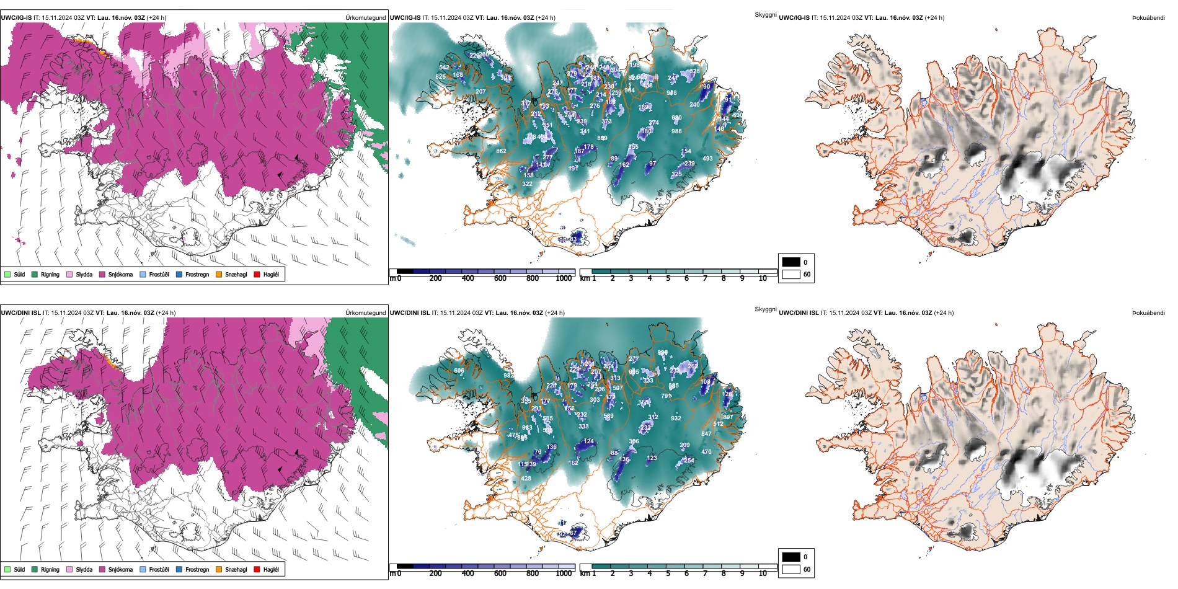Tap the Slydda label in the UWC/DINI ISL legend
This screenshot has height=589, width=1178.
click(x=84, y=569)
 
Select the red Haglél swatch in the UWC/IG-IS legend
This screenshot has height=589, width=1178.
click(x=257, y=274)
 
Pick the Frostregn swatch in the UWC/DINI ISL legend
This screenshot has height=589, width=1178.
click(x=180, y=569)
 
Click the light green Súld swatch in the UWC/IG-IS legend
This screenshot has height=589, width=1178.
click(x=7, y=274)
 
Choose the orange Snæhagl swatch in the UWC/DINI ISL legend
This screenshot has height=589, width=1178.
click(x=219, y=569)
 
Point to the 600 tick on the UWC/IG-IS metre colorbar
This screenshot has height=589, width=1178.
click(x=500, y=278)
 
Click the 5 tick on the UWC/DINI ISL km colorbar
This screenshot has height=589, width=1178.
click(x=668, y=573)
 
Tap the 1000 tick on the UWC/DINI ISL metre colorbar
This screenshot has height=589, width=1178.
click(x=564, y=573)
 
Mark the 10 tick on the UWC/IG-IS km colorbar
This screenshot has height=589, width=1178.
click(x=763, y=278)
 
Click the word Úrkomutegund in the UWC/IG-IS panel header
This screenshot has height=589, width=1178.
click(x=365, y=18)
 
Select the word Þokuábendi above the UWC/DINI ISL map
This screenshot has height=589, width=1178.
click(x=1148, y=313)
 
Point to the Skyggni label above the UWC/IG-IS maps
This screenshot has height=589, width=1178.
click(x=765, y=15)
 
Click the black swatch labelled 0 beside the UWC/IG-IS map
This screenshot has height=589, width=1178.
click(x=791, y=262)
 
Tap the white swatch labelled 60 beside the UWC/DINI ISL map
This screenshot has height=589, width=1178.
click(x=791, y=569)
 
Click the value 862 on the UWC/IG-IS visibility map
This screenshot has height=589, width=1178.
click(x=501, y=151)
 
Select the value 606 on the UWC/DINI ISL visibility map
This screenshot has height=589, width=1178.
click(x=459, y=371)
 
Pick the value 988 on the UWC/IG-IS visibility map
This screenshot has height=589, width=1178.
click(x=676, y=131)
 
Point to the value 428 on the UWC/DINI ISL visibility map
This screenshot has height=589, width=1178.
click(x=526, y=479)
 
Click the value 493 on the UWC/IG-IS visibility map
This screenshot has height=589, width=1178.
click(x=707, y=159)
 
